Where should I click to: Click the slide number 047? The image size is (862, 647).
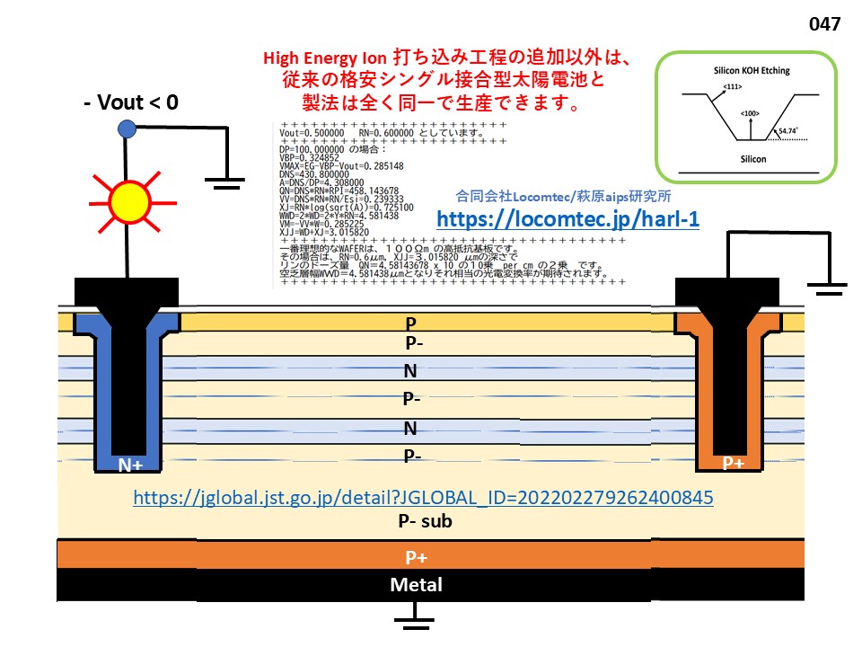point(824,24)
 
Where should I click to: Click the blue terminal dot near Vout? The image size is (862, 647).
point(127,129)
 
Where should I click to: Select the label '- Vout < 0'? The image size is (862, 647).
point(130,102)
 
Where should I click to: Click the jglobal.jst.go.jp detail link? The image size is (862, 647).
point(423,496)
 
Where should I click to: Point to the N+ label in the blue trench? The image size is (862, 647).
point(131,465)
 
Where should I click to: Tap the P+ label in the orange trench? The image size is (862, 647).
point(734,464)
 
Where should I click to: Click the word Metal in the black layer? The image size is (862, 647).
point(416,585)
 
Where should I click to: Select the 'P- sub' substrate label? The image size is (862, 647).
point(425,521)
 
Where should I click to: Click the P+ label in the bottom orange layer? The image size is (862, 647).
point(416,557)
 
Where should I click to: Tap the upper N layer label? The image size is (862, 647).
point(410,370)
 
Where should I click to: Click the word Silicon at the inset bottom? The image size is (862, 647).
point(747,156)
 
